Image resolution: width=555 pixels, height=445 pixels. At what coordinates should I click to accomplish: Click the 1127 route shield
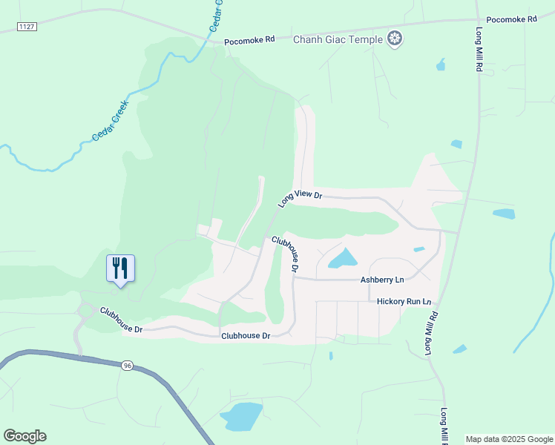coord(27,27)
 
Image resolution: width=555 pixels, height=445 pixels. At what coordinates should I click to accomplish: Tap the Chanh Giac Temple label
coord(338,39)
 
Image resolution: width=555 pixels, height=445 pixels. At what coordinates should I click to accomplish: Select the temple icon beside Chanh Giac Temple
coord(395,39)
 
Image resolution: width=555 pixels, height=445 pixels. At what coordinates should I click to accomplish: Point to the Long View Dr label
coord(301,197)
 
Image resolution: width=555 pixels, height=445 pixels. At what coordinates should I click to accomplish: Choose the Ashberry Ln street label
coord(382,280)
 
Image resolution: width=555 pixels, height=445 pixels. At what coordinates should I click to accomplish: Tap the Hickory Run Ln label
coord(404,302)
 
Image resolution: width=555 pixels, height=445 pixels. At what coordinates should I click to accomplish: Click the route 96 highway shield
coord(127,365)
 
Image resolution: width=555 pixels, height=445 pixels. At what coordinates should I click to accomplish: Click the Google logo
coord(24,436)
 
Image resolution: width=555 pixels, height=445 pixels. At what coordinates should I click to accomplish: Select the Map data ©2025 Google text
coord(510,439)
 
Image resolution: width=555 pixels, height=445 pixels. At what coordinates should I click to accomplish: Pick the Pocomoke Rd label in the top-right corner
coord(511,19)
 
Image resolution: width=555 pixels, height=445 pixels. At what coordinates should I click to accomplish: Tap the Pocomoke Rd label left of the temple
coord(249,40)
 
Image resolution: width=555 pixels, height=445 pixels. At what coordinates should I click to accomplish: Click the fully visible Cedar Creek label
coord(110,122)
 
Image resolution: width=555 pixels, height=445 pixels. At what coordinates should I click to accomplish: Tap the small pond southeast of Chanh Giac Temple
coord(441,65)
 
